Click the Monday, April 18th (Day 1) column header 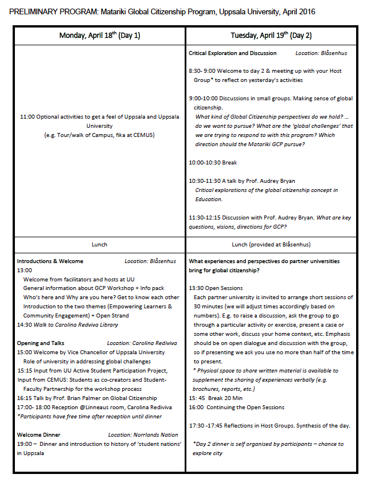coord(99,36)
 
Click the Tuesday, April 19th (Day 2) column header coord(271,36)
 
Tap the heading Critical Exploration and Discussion coord(233,53)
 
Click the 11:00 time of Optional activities coord(27,117)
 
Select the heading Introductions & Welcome coord(50,261)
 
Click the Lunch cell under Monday coord(99,244)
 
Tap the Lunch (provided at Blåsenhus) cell coord(271,244)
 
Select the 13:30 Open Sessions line coord(216,288)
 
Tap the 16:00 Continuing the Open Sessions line coord(236,407)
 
